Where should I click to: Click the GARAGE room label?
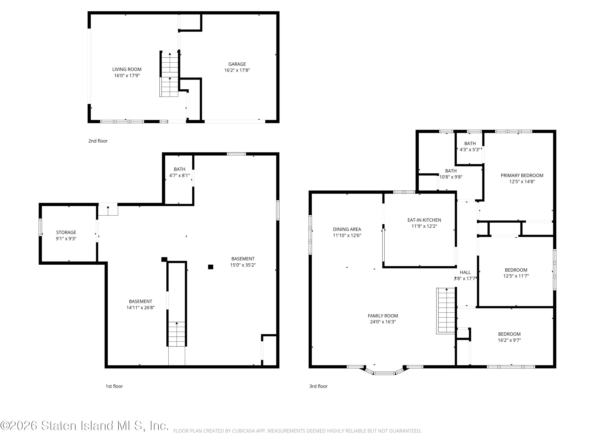237,64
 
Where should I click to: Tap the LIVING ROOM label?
127,69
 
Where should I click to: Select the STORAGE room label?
66,232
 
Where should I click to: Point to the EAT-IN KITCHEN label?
424,220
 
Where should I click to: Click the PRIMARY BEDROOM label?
522,175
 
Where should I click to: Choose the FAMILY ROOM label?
383,316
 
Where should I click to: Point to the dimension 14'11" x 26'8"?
140,308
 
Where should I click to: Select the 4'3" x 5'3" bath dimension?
470,149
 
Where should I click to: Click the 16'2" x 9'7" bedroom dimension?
509,340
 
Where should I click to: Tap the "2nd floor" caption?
98,141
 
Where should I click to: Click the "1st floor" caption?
114,386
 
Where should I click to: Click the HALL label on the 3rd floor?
465,272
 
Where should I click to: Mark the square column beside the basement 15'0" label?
211,267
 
